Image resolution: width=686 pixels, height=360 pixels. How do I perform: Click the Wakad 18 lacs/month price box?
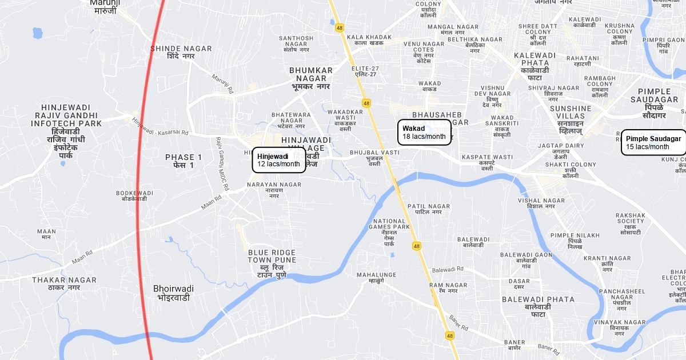click(x=424, y=133)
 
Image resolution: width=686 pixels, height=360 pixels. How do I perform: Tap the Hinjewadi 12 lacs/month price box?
click(x=279, y=160)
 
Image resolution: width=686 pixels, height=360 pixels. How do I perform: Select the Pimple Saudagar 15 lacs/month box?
click(x=653, y=143)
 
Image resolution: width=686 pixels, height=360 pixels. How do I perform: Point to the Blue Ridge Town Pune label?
click(x=272, y=260)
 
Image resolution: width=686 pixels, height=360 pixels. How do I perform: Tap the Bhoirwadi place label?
click(x=174, y=293)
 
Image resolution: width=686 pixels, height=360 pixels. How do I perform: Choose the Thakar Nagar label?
click(x=64, y=283)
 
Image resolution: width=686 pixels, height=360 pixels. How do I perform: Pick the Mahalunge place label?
click(x=376, y=278)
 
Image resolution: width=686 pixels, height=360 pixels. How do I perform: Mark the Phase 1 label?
click(x=184, y=161)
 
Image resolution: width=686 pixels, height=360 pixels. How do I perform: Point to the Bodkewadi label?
click(x=134, y=195)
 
